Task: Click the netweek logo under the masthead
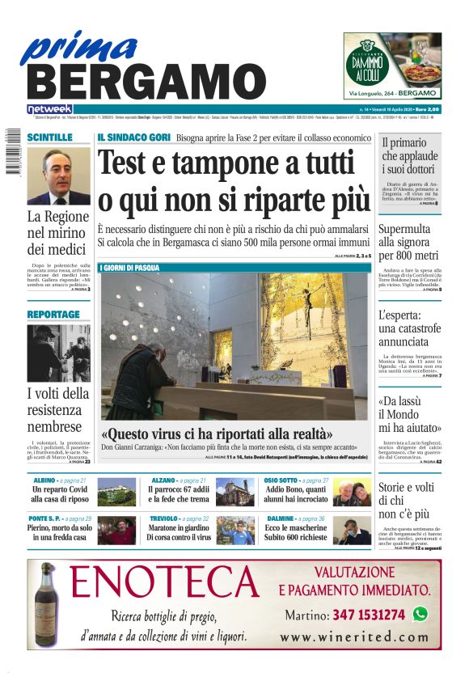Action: tap(50, 108)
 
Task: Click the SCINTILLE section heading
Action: tap(49, 138)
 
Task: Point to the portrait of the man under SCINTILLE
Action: tap(58, 176)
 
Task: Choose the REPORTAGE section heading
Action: tap(53, 315)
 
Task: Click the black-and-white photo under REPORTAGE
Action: tap(58, 353)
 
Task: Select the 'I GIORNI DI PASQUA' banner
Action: tap(129, 268)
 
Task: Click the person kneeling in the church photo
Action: tap(150, 376)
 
